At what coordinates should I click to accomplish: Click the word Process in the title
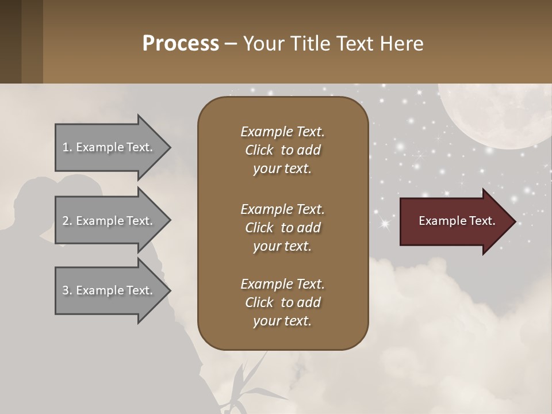pos(181,44)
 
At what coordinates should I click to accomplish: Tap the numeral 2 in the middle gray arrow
pos(66,221)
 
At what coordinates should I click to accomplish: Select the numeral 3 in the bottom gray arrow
pos(66,290)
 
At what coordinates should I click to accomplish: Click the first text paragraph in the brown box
pos(282,150)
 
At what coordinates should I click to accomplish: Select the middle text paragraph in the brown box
pos(282,227)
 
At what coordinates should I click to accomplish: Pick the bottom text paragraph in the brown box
pos(282,302)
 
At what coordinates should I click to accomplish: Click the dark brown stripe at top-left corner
pos(10,41)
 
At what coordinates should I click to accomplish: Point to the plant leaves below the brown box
pos(247,385)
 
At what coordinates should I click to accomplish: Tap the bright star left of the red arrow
pos(384,223)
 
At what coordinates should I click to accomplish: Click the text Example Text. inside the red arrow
pos(457,221)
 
